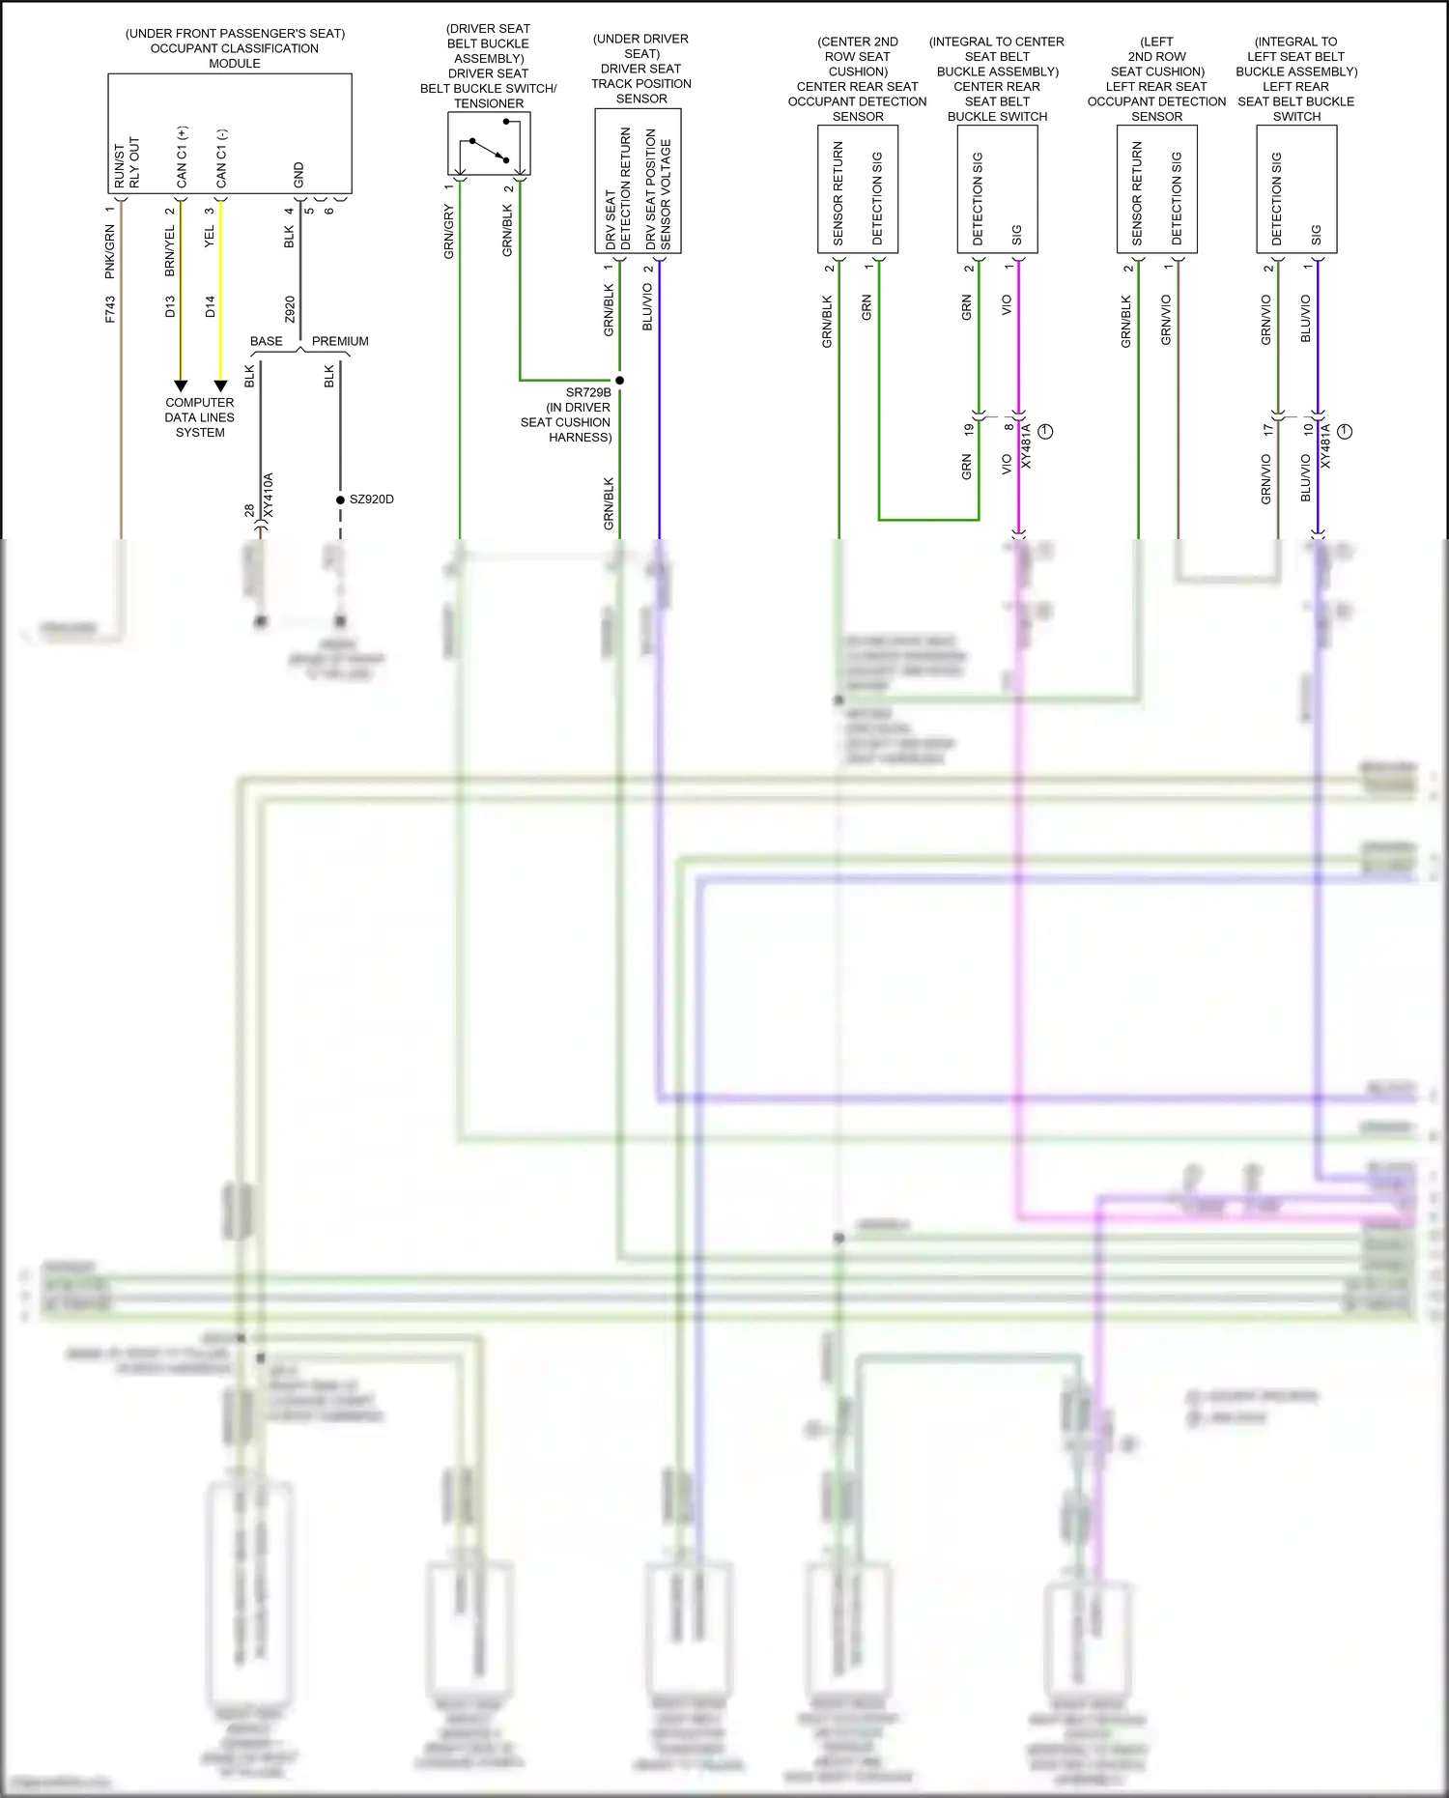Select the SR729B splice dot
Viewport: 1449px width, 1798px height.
click(619, 380)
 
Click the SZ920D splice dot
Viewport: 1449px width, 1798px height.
click(340, 499)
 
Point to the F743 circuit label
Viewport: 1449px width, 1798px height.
click(110, 309)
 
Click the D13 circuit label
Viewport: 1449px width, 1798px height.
click(170, 307)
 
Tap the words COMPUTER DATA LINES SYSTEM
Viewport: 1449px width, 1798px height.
click(200, 417)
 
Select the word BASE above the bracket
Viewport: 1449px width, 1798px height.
click(267, 341)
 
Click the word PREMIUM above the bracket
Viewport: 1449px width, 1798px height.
click(340, 341)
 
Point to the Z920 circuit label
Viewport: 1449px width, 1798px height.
click(290, 309)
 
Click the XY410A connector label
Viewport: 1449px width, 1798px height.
click(270, 495)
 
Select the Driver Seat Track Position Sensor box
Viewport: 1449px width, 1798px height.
click(638, 181)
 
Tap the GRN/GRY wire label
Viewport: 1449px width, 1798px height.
click(449, 232)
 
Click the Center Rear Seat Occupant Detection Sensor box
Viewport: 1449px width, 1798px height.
click(858, 189)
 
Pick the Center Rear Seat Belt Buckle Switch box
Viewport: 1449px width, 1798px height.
click(997, 189)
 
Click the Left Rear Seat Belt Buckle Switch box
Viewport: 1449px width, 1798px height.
click(1296, 189)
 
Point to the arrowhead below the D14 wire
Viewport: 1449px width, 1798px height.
click(220, 385)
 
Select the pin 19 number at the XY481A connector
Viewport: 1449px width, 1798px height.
click(969, 428)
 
